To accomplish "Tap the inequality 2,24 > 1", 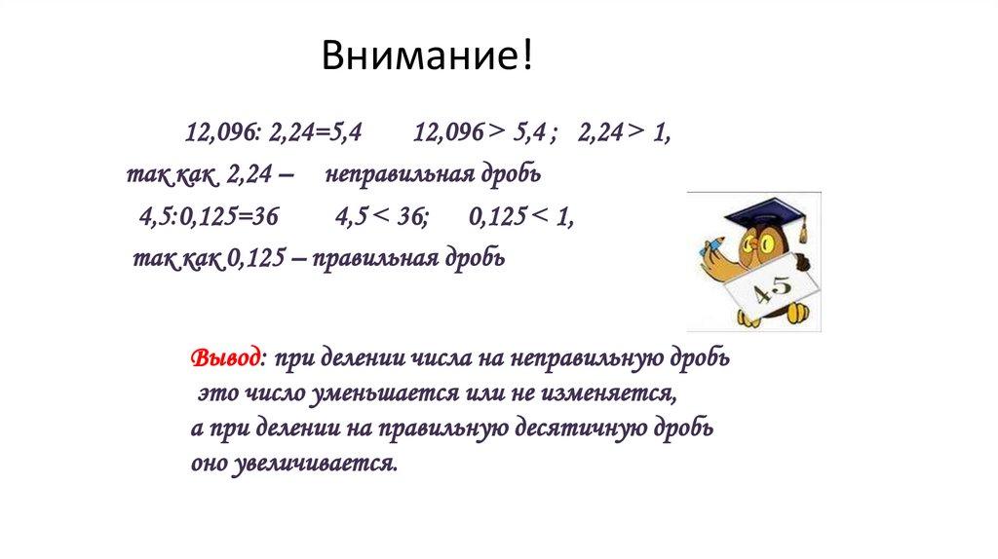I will coord(623,134).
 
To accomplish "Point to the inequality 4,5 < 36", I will coord(380,219).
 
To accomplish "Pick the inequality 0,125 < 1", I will coord(520,219).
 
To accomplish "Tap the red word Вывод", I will coord(224,357).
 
